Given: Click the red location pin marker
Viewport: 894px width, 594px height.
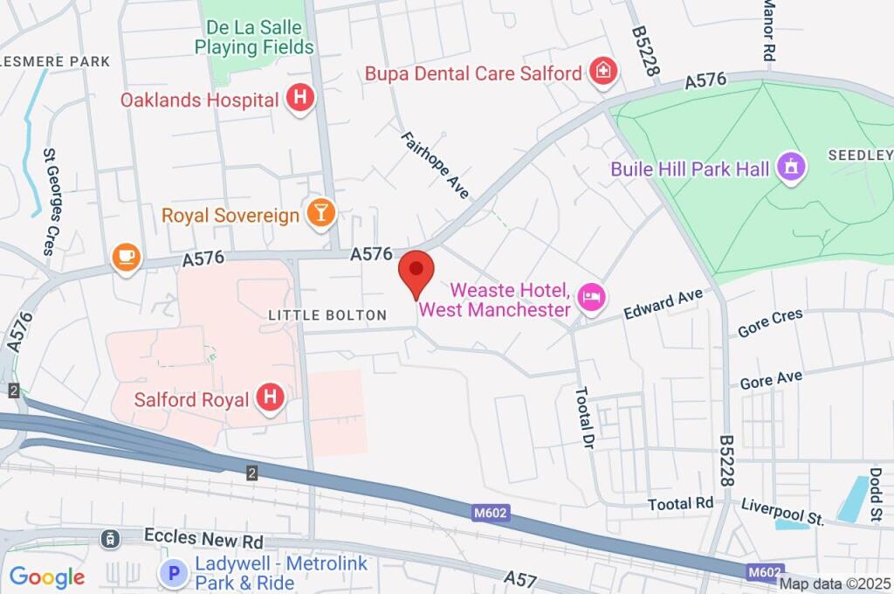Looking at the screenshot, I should point(416,272).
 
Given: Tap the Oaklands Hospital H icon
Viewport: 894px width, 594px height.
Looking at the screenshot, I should point(299,100).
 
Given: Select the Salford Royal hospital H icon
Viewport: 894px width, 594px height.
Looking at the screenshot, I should point(271,399).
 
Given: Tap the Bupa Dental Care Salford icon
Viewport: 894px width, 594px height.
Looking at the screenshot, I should point(602,73).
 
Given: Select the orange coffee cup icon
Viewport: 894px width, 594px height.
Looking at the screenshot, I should point(127,257).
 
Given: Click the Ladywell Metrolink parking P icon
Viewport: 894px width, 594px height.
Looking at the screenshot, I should point(174,574).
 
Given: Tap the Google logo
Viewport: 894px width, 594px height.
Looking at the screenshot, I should point(46,577).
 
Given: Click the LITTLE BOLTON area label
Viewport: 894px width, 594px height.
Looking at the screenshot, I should point(327,314).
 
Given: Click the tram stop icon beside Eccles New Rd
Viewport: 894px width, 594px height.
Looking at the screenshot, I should point(110,538).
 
